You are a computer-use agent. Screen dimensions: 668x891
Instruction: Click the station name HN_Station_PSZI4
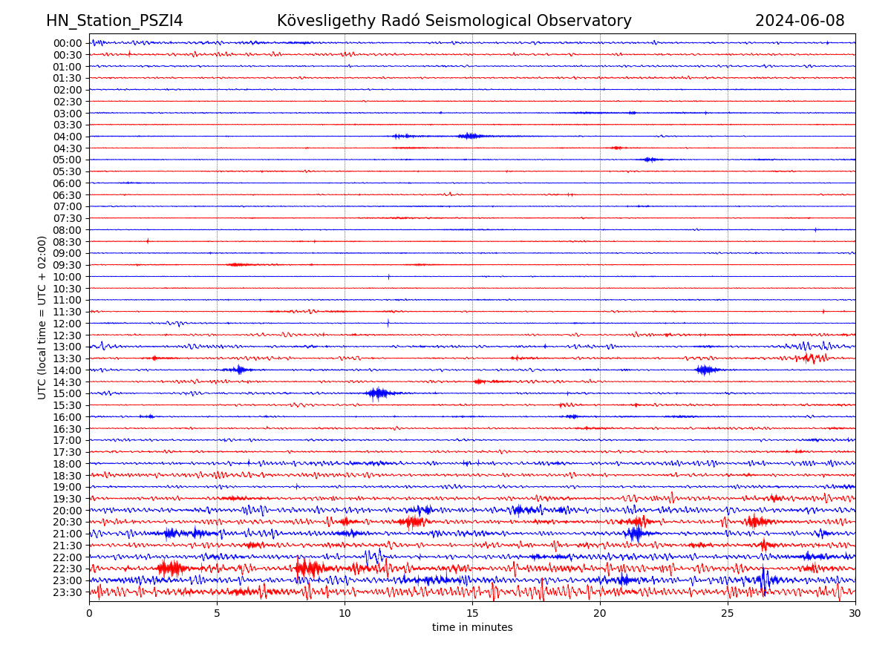[114, 21]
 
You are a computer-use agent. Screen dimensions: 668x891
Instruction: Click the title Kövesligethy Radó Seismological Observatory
[454, 21]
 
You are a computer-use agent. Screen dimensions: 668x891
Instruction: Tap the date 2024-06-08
[800, 21]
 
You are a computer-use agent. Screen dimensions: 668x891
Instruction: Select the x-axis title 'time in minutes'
[472, 627]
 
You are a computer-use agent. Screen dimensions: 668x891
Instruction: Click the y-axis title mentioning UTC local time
[42, 317]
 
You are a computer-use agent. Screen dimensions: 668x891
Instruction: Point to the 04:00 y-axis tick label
[68, 137]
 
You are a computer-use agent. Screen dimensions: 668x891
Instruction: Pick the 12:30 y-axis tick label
[68, 335]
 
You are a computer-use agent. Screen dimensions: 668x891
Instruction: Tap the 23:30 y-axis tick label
[68, 592]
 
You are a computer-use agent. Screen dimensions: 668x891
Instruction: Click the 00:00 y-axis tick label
[68, 43]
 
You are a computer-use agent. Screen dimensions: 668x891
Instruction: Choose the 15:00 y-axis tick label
[68, 393]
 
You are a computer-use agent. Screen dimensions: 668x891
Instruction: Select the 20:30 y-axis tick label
[68, 523]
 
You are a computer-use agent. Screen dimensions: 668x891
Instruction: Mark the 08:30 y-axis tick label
[68, 242]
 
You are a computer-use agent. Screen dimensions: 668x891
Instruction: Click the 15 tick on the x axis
[472, 613]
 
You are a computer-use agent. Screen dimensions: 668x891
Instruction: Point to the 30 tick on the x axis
[855, 613]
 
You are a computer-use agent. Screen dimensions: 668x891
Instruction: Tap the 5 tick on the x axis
[217, 613]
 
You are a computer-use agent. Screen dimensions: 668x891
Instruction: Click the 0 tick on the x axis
[89, 613]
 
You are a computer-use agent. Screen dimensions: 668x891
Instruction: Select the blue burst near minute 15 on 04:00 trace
[469, 136]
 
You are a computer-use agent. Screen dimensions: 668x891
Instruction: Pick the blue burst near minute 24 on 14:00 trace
[705, 370]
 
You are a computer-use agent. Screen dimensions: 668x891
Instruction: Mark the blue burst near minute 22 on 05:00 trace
[650, 160]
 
